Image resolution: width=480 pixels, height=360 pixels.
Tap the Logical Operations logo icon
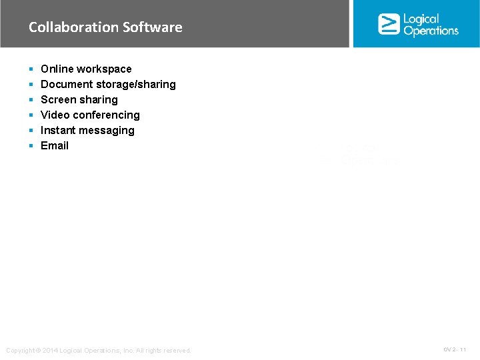pyautogui.click(x=389, y=24)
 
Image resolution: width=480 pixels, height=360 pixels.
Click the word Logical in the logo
pyautogui.click(x=421, y=19)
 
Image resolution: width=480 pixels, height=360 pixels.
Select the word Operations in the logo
pyautogui.click(x=431, y=31)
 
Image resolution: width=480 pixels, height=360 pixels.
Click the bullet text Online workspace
pyautogui.click(x=86, y=69)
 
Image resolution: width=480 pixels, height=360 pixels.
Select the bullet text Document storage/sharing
pyautogui.click(x=108, y=84)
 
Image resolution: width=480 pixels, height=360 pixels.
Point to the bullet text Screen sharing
pyautogui.click(x=79, y=99)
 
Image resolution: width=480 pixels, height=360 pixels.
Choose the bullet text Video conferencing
pyautogui.click(x=90, y=115)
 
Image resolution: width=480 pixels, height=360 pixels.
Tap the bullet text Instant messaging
pyautogui.click(x=87, y=130)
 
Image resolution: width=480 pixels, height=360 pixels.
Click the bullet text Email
pyautogui.click(x=55, y=145)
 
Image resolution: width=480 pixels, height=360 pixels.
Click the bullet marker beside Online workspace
pyautogui.click(x=31, y=69)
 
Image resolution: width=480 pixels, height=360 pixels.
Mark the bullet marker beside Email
pyautogui.click(x=31, y=146)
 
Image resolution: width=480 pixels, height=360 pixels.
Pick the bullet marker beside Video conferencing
pyautogui.click(x=31, y=115)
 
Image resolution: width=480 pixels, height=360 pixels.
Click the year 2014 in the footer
pyautogui.click(x=50, y=351)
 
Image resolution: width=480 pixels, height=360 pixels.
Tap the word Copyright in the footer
pyautogui.click(x=20, y=351)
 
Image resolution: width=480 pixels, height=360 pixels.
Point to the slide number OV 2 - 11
pyautogui.click(x=455, y=349)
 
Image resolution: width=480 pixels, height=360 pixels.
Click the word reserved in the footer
pyautogui.click(x=177, y=351)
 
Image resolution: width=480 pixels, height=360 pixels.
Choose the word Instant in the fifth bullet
pyautogui.click(x=59, y=130)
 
